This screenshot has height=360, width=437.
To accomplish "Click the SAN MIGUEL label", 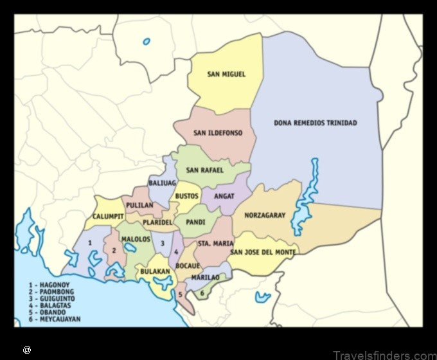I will click(226, 75).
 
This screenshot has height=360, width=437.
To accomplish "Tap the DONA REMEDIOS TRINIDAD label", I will click(315, 123).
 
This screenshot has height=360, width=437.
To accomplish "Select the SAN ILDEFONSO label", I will click(217, 133).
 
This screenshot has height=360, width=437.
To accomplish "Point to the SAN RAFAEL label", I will click(204, 170).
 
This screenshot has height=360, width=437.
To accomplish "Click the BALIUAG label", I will click(162, 183).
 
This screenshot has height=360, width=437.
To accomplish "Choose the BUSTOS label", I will click(187, 195).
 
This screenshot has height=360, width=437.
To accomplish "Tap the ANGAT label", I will click(224, 195).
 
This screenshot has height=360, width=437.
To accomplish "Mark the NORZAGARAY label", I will click(264, 215).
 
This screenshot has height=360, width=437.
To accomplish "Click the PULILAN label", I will click(139, 205).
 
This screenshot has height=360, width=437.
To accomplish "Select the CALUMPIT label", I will click(108, 217).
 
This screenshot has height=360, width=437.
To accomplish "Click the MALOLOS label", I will click(136, 239).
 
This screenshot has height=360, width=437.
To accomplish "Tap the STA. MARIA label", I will click(215, 244).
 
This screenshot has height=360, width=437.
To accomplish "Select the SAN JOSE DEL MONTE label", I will click(263, 253).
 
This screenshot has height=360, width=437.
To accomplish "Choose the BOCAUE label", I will click(188, 265).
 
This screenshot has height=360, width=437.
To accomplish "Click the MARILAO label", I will click(205, 277).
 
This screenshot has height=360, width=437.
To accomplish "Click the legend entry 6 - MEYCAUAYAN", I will click(54, 319).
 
